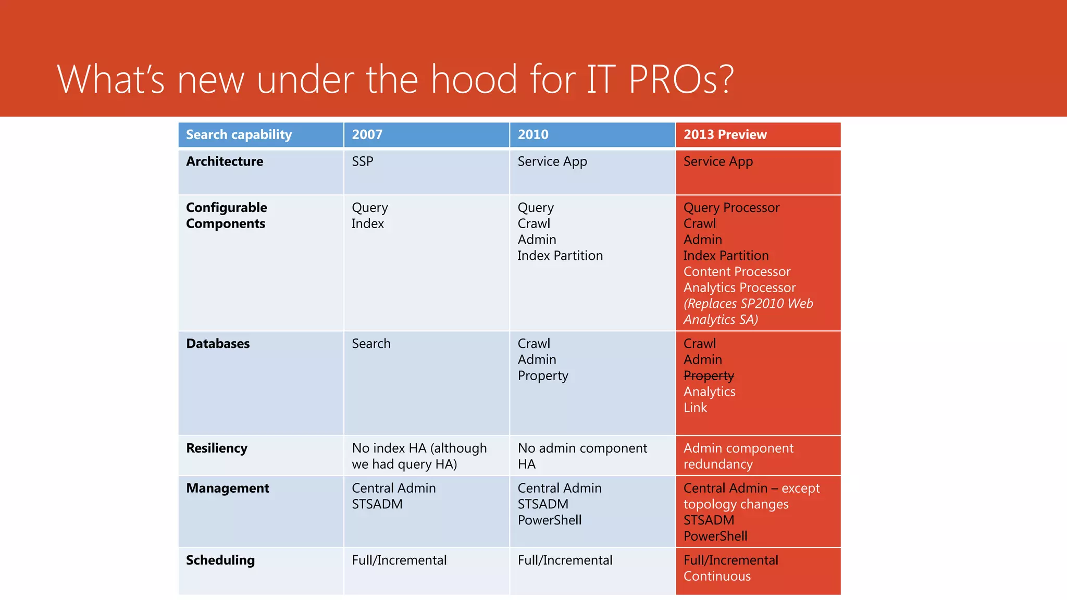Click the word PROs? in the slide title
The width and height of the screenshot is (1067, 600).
[x=681, y=80]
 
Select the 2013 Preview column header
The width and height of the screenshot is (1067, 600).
[x=725, y=135]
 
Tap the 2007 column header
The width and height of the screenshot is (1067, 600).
[x=367, y=135]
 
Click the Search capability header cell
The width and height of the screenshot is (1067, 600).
[x=239, y=135]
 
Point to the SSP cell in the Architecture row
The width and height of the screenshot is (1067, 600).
[x=363, y=161]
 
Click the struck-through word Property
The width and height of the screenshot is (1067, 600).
[x=709, y=376]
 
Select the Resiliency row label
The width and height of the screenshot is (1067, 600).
[x=217, y=448]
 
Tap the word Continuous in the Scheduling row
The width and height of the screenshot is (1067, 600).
[x=717, y=577]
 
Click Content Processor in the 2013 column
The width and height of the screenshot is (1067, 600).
[x=737, y=272]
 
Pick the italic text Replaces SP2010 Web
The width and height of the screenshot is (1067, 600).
[x=748, y=304]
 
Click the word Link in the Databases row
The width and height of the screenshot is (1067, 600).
[x=695, y=408]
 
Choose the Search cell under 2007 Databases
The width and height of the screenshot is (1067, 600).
[x=371, y=344]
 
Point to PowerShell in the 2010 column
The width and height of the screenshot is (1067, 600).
[x=550, y=520]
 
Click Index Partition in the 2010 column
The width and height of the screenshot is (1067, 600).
[x=560, y=256]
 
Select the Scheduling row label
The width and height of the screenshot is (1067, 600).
[x=220, y=560]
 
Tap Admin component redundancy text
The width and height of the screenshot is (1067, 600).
[x=738, y=456]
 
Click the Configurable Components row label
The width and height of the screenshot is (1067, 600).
[x=227, y=216]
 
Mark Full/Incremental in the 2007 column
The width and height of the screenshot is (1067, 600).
[x=399, y=560]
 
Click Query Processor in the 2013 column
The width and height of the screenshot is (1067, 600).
[x=731, y=208]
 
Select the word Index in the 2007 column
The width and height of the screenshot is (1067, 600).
[x=368, y=224]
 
